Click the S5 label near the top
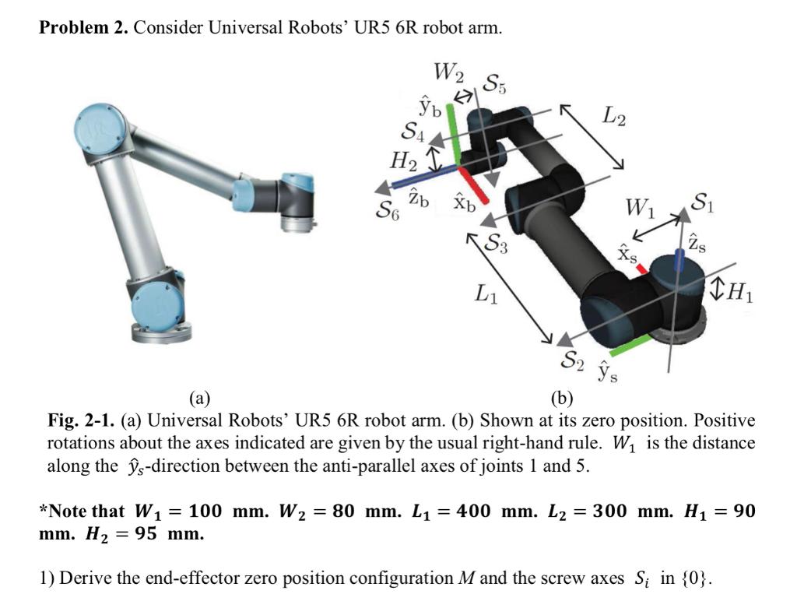[496, 83]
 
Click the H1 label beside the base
[744, 293]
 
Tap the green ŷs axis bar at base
[629, 346]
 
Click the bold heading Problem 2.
[84, 29]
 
